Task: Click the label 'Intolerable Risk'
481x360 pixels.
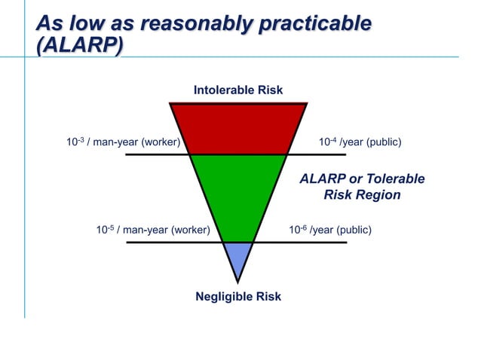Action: point(238,90)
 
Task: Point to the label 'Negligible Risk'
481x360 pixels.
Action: point(238,296)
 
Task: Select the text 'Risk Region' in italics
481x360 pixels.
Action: point(362,195)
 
